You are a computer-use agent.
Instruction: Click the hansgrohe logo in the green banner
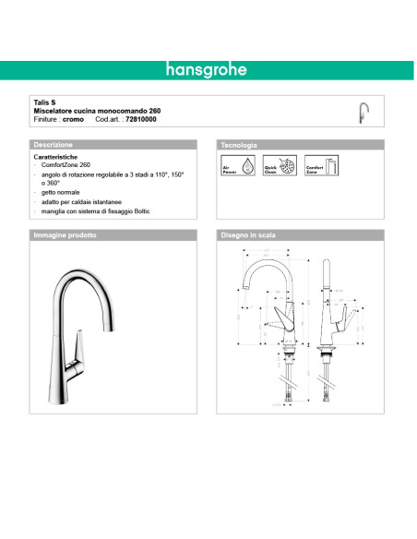(208, 70)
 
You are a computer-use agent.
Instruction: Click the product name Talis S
(44, 104)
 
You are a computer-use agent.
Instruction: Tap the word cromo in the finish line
(75, 120)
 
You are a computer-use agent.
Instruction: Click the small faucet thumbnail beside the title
(363, 112)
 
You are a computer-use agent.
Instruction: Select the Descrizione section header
(54, 146)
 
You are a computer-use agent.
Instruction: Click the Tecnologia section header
(239, 146)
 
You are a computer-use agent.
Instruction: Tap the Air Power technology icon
(232, 166)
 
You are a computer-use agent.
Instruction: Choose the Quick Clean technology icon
(268, 166)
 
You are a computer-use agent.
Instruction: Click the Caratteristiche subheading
(54, 159)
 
